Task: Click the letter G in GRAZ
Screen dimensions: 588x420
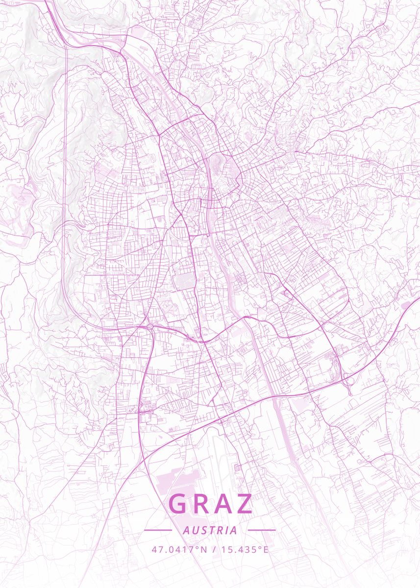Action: pyautogui.click(x=179, y=504)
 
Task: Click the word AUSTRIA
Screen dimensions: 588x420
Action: pyautogui.click(x=210, y=530)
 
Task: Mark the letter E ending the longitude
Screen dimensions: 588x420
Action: pyautogui.click(x=266, y=549)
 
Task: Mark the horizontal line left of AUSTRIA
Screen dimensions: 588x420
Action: pyautogui.click(x=158, y=530)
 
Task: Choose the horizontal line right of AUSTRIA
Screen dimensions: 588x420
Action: pyautogui.click(x=262, y=530)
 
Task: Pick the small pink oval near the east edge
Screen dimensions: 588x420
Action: pyautogui.click(x=406, y=305)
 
